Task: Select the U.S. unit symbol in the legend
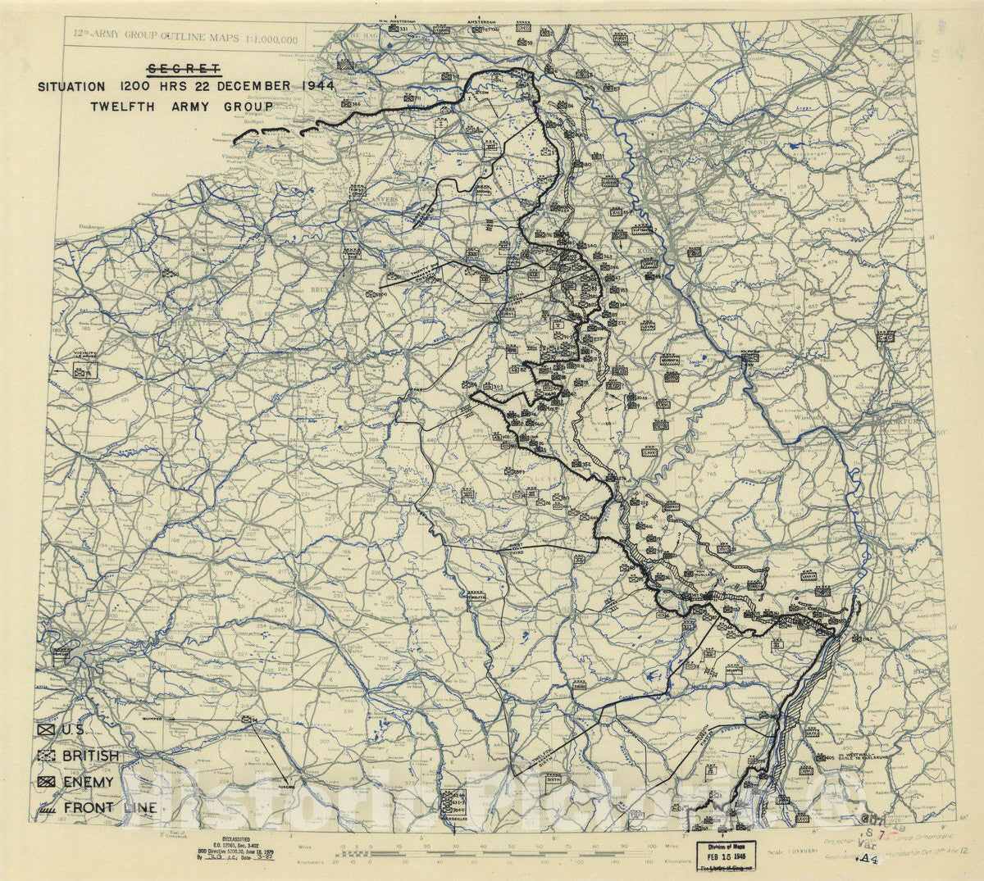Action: pos(45,730)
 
